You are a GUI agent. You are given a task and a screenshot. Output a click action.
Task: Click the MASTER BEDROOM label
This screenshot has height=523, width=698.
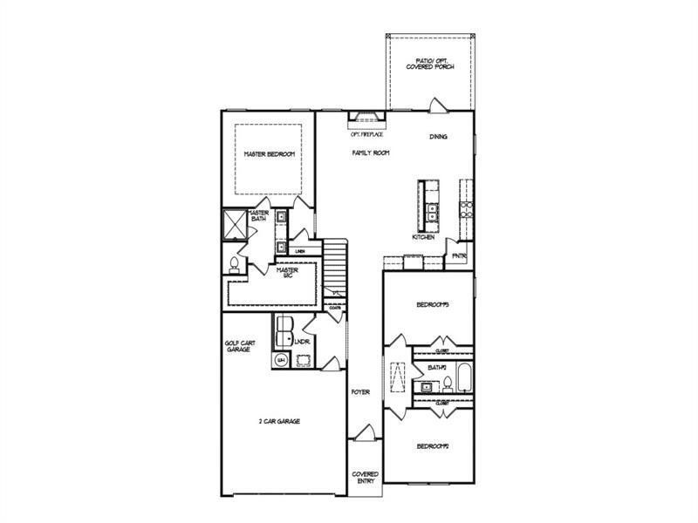pos(269,154)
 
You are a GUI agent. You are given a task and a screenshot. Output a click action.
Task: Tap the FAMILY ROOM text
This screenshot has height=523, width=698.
pos(371,153)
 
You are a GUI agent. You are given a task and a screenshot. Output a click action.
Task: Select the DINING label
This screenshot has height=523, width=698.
pos(439,137)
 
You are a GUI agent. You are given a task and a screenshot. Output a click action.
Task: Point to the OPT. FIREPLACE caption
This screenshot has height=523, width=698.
pos(367,135)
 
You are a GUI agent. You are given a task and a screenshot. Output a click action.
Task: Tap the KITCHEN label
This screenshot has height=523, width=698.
pos(424,237)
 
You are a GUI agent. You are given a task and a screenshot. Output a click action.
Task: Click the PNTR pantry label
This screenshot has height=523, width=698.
pos(459,255)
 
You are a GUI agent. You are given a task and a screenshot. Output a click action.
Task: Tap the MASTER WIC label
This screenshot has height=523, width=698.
pos(289,274)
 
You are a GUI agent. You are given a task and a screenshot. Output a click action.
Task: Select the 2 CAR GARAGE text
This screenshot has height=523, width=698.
pos(279,421)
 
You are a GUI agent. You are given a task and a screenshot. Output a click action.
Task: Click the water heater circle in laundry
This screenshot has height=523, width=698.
pos(281,359)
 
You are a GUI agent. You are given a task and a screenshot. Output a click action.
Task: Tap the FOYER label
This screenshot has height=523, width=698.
pos(360,392)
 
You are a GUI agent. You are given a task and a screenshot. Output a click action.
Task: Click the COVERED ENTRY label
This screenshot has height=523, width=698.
pos(365,478)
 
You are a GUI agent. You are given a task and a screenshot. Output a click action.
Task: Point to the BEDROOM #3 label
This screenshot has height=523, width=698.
pos(432,304)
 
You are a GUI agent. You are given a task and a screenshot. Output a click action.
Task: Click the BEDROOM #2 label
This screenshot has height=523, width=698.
pos(432,446)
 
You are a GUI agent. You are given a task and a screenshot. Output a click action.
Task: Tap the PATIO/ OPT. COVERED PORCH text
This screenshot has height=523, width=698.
pos(431,64)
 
